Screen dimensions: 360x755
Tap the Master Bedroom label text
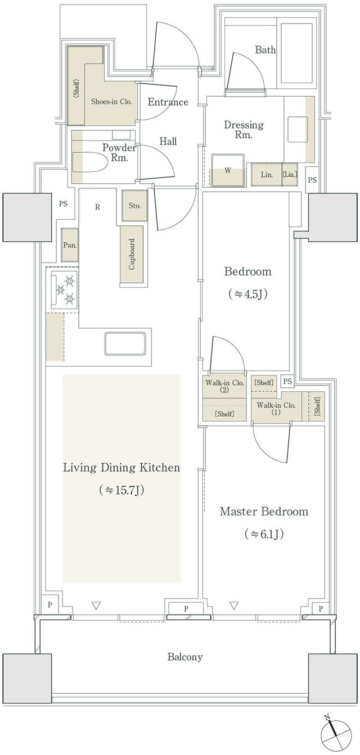[x=264, y=512]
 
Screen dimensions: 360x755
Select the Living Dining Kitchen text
[x=121, y=468]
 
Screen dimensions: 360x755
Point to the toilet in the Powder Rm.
[x=90, y=162]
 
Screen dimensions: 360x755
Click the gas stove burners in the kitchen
[x=65, y=290]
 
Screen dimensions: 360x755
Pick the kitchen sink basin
[x=125, y=344]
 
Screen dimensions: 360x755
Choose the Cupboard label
[x=132, y=254]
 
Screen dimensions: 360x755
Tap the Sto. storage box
[x=134, y=206]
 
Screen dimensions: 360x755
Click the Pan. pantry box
[x=70, y=245]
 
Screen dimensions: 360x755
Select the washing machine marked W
[x=228, y=170]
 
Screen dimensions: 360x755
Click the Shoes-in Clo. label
[x=111, y=101]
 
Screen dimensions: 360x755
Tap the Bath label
[x=265, y=50]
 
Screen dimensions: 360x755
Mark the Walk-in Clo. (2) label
[x=224, y=386]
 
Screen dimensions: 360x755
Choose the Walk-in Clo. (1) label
[x=276, y=408]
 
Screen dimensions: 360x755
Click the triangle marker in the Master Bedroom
[x=234, y=605]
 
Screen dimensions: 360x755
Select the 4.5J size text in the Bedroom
[x=247, y=294]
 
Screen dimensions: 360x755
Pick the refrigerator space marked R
[x=97, y=207]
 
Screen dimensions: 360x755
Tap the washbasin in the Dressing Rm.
[x=297, y=129]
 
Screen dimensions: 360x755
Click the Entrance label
[x=168, y=102]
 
